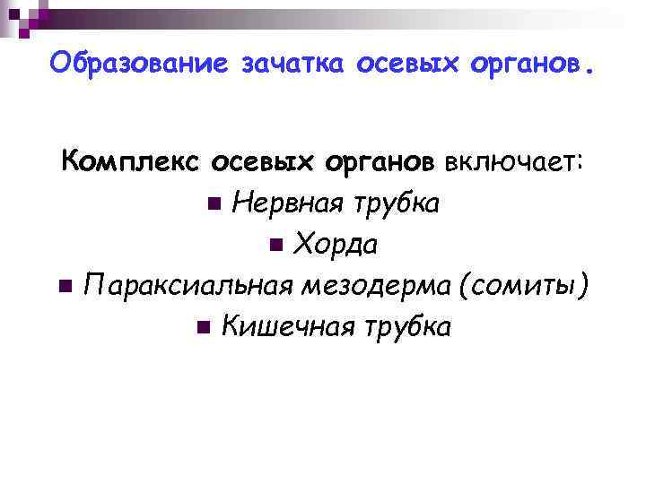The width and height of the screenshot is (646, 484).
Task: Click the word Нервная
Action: (285, 203)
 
